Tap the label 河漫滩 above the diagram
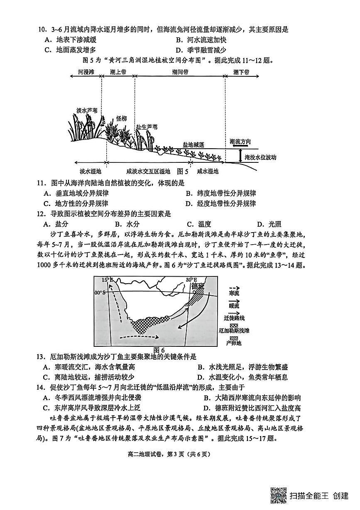(x=86, y=72)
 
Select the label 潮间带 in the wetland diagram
(x=180, y=72)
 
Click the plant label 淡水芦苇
(x=87, y=110)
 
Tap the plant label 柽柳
(x=121, y=118)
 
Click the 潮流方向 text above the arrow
(x=240, y=142)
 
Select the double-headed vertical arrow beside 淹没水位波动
(x=240, y=156)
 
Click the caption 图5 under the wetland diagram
(x=183, y=171)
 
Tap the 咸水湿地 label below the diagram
(x=208, y=171)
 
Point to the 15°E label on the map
(x=108, y=280)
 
